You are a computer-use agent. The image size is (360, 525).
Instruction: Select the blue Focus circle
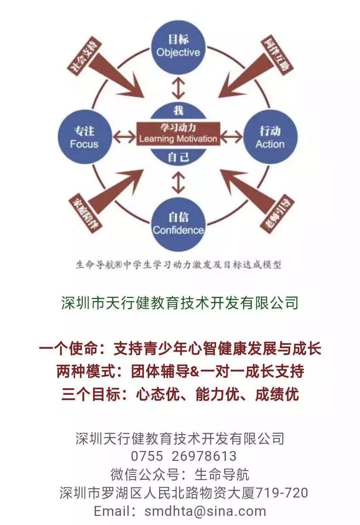(84, 137)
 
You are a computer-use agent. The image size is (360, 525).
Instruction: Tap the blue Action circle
(270, 137)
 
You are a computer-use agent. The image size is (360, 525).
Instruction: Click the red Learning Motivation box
(178, 133)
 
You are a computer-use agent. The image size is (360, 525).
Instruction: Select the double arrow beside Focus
(124, 137)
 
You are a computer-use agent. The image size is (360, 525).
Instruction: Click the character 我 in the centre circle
(178, 110)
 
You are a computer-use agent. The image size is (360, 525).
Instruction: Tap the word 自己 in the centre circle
(178, 157)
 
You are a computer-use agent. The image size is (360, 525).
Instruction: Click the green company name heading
(180, 302)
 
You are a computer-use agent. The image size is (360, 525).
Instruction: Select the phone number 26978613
(204, 456)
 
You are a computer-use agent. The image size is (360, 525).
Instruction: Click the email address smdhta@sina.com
(205, 511)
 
